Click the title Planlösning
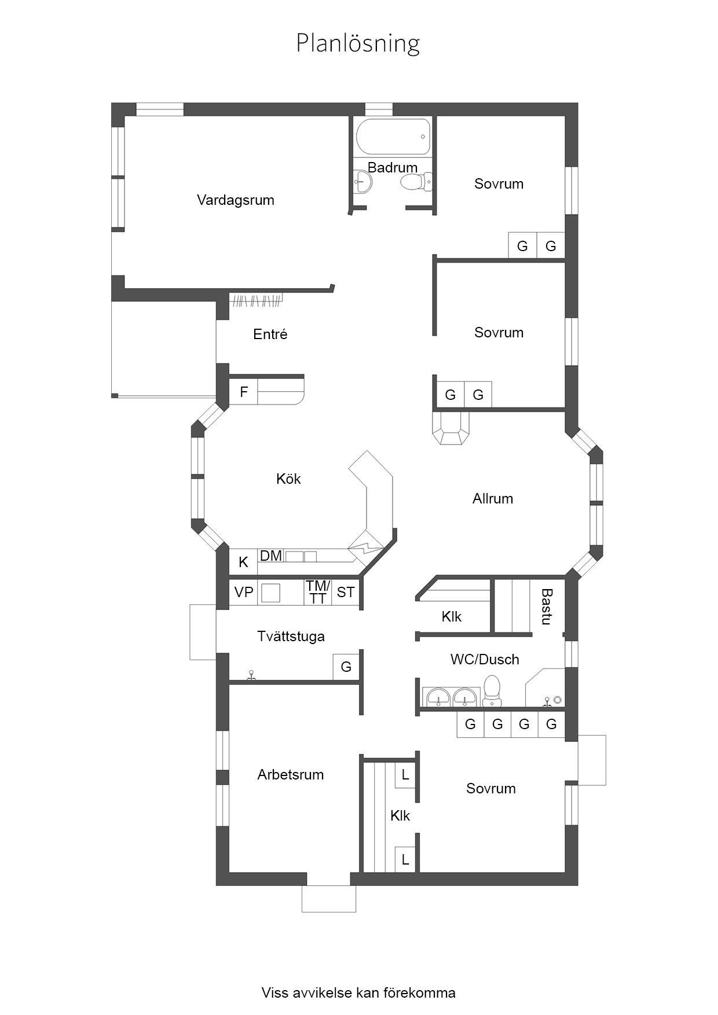pos(358,44)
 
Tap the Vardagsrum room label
pos(236,200)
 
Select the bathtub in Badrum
pos(393,137)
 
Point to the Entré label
pos(270,334)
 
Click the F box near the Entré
pos(244,392)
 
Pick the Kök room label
pos(288,479)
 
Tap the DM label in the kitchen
pos(271,556)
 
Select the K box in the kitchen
pos(244,561)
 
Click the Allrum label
pos(493,499)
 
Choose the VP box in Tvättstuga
pos(244,593)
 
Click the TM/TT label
pos(318,593)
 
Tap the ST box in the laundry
pos(346,593)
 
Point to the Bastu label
pos(547,606)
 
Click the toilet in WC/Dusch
pos(492,691)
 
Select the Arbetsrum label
pos(291,775)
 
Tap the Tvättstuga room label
pos(291,637)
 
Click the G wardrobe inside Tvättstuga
pos(346,667)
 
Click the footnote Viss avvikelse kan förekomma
pos(358,944)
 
